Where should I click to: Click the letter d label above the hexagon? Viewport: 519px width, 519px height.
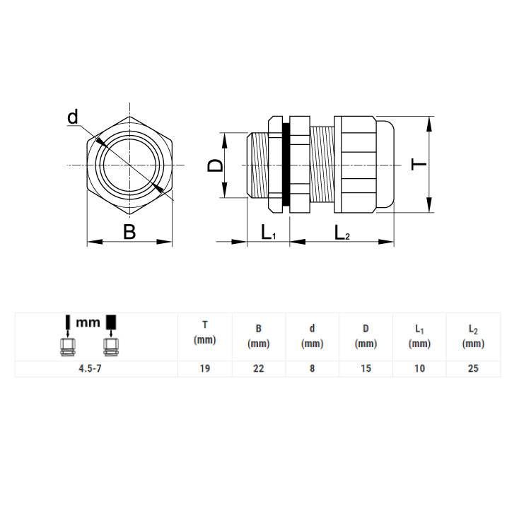73,117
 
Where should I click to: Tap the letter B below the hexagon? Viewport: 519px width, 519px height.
129,232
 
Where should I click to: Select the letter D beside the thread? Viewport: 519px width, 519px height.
216,165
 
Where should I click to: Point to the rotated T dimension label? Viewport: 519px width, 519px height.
419,164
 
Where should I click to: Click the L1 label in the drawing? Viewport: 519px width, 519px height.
269,233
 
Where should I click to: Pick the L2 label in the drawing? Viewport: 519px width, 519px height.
342,233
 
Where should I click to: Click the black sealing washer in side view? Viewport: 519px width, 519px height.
286,164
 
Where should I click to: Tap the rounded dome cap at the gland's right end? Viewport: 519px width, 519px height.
385,164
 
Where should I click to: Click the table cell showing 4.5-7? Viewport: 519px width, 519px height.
90,368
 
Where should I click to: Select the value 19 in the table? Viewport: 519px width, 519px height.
205,368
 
